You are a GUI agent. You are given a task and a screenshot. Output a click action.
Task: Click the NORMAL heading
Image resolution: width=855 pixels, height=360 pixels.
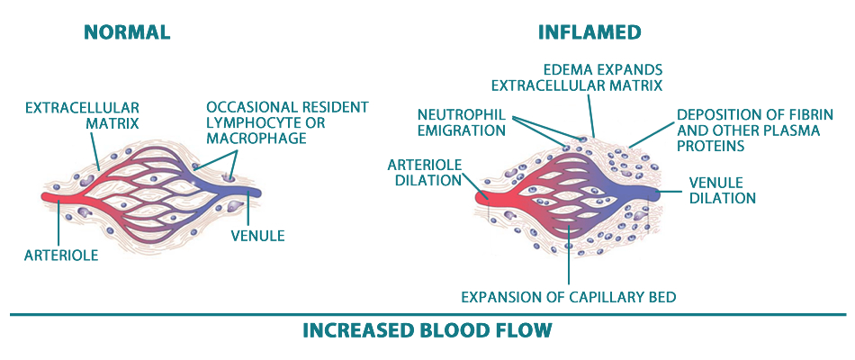pyautogui.click(x=127, y=32)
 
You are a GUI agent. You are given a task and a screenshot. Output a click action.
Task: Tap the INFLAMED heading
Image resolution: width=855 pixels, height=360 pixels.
pyautogui.click(x=589, y=32)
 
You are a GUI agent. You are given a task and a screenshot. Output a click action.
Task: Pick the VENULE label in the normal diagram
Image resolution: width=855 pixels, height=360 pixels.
pyautogui.click(x=257, y=236)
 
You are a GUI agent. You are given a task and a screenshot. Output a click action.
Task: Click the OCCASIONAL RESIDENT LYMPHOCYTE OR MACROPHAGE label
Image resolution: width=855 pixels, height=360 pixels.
pyautogui.click(x=287, y=122)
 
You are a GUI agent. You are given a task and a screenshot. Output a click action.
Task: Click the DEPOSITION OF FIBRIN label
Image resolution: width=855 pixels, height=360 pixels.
pyautogui.click(x=754, y=130)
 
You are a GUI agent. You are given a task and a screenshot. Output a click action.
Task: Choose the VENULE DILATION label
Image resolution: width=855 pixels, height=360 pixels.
pyautogui.click(x=722, y=191)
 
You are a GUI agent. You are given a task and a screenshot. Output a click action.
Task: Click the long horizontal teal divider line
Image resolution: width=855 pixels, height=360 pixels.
pyautogui.click(x=427, y=315)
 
